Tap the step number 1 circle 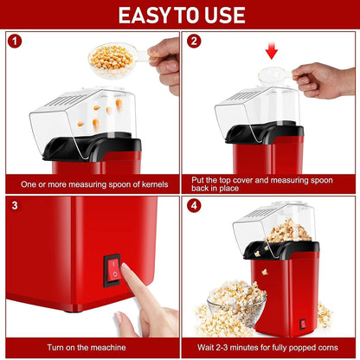(x=15, y=41)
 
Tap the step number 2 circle (x=194, y=41)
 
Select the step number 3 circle (x=15, y=206)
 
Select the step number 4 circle (x=194, y=206)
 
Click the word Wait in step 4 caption (x=207, y=346)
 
